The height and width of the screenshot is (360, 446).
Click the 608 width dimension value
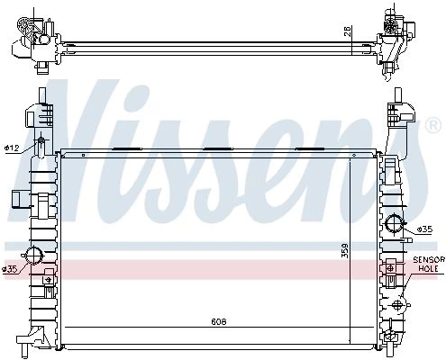coord(219,322)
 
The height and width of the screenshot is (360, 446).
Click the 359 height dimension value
coord(345,250)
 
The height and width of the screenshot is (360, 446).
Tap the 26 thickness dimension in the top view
coord(347,31)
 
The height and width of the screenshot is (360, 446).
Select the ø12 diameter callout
coord(12,148)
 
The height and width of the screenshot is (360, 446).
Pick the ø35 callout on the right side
coord(424,229)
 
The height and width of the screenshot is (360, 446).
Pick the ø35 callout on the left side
coord(10,269)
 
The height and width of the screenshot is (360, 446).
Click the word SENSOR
coord(429,259)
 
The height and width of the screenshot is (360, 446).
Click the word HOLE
coord(429,268)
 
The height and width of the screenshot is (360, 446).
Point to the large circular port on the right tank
coord(395,223)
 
